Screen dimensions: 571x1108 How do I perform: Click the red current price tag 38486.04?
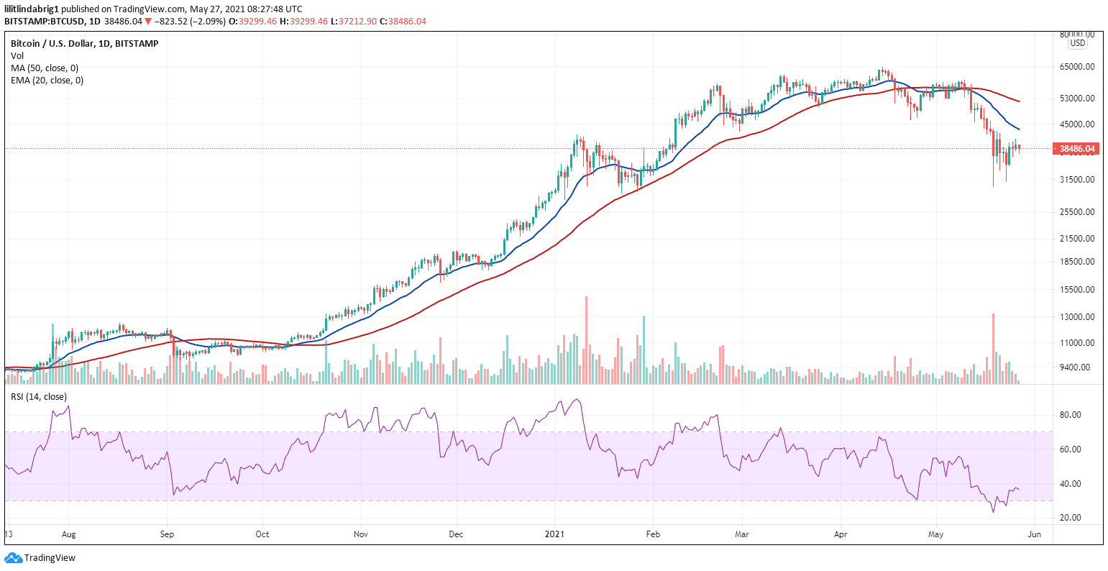(x=1077, y=149)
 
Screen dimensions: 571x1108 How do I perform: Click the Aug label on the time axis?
(x=68, y=534)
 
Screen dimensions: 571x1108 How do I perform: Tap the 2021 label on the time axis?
(x=555, y=534)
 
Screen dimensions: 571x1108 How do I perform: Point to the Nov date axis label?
(x=361, y=534)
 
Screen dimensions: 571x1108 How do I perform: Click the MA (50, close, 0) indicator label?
(x=45, y=68)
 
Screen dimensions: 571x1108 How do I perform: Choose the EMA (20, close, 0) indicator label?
(x=47, y=81)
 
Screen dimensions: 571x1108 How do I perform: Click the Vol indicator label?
(x=17, y=55)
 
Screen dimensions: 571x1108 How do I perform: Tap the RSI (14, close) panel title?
(x=39, y=396)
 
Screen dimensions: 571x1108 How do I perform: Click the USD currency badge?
(x=1077, y=43)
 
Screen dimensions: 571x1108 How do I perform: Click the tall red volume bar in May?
(x=993, y=348)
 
